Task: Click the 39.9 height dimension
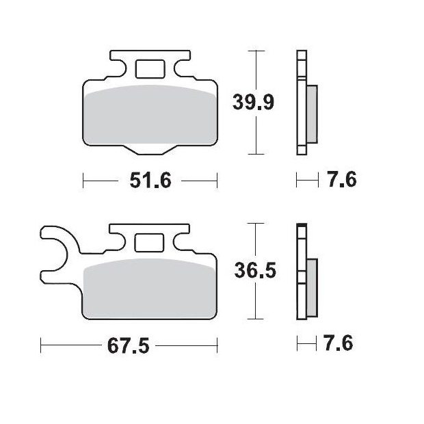[x=253, y=102]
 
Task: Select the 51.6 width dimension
[x=150, y=181]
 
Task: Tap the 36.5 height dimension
[x=255, y=271]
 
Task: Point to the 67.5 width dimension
[x=128, y=345]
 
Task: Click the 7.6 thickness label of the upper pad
[x=343, y=179]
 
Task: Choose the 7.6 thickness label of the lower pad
[x=339, y=343]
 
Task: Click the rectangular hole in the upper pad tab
[x=150, y=69]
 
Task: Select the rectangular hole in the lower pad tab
[x=149, y=242]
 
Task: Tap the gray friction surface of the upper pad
[x=150, y=115]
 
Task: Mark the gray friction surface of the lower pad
[x=150, y=289]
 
